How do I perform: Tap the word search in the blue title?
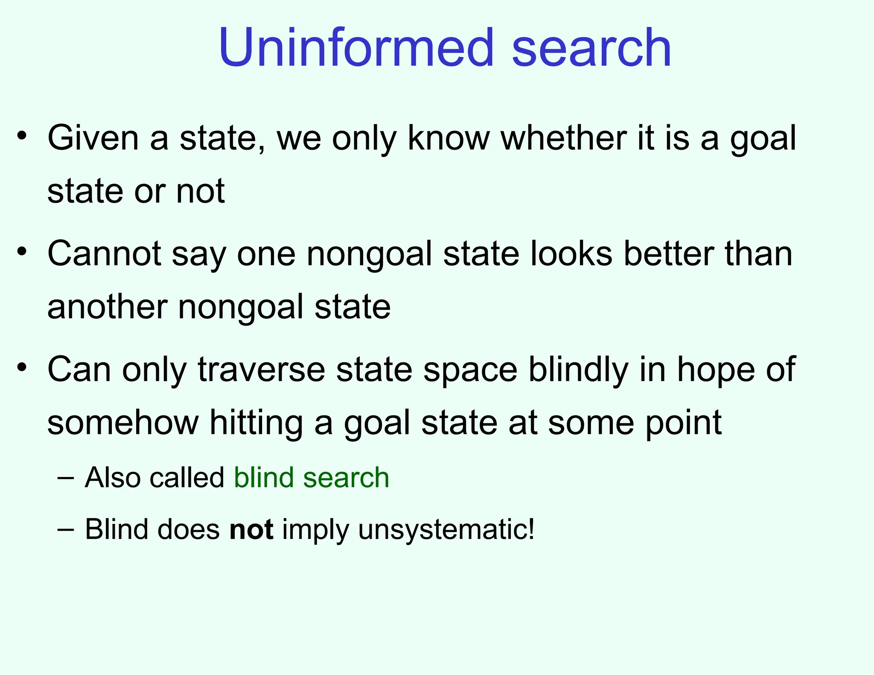[x=591, y=48]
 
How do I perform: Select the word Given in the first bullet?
[x=93, y=138]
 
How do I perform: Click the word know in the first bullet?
[x=449, y=138]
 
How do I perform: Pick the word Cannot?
[x=104, y=254]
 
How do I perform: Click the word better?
[x=669, y=254]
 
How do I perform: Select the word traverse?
[x=262, y=370]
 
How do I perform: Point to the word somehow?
[x=123, y=422]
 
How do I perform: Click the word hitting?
[x=256, y=422]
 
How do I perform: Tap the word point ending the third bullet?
[x=683, y=423]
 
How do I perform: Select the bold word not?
[x=251, y=530]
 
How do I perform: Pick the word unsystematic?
[x=446, y=530]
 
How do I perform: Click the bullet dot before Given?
[x=22, y=136]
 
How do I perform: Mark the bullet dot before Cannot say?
[x=22, y=251]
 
